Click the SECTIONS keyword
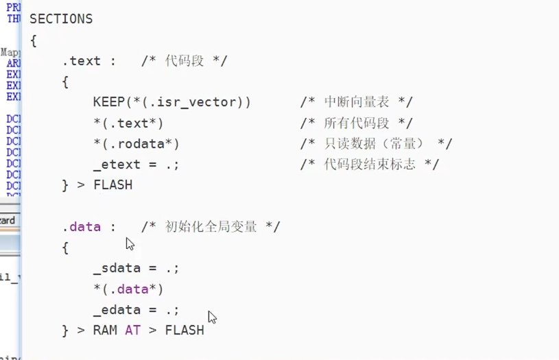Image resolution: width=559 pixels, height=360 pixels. click(x=61, y=19)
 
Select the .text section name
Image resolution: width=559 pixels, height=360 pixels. click(x=82, y=61)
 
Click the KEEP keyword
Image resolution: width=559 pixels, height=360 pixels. click(x=108, y=102)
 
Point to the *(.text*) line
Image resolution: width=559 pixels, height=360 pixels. click(x=128, y=123)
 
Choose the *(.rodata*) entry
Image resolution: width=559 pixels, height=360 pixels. click(x=136, y=144)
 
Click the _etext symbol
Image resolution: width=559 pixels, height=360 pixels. click(x=117, y=165)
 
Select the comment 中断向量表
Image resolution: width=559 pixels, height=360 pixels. click(x=357, y=102)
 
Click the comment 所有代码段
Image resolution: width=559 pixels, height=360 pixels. click(x=357, y=123)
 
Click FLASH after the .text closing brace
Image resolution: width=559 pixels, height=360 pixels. click(x=113, y=185)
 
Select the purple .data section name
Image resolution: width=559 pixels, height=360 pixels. click(x=82, y=227)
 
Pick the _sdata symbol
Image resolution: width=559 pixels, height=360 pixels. click(x=117, y=268)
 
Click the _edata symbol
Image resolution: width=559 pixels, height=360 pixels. click(x=117, y=309)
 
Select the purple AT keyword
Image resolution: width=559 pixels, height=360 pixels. click(x=132, y=331)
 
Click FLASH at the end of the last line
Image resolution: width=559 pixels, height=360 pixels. click(x=185, y=331)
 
